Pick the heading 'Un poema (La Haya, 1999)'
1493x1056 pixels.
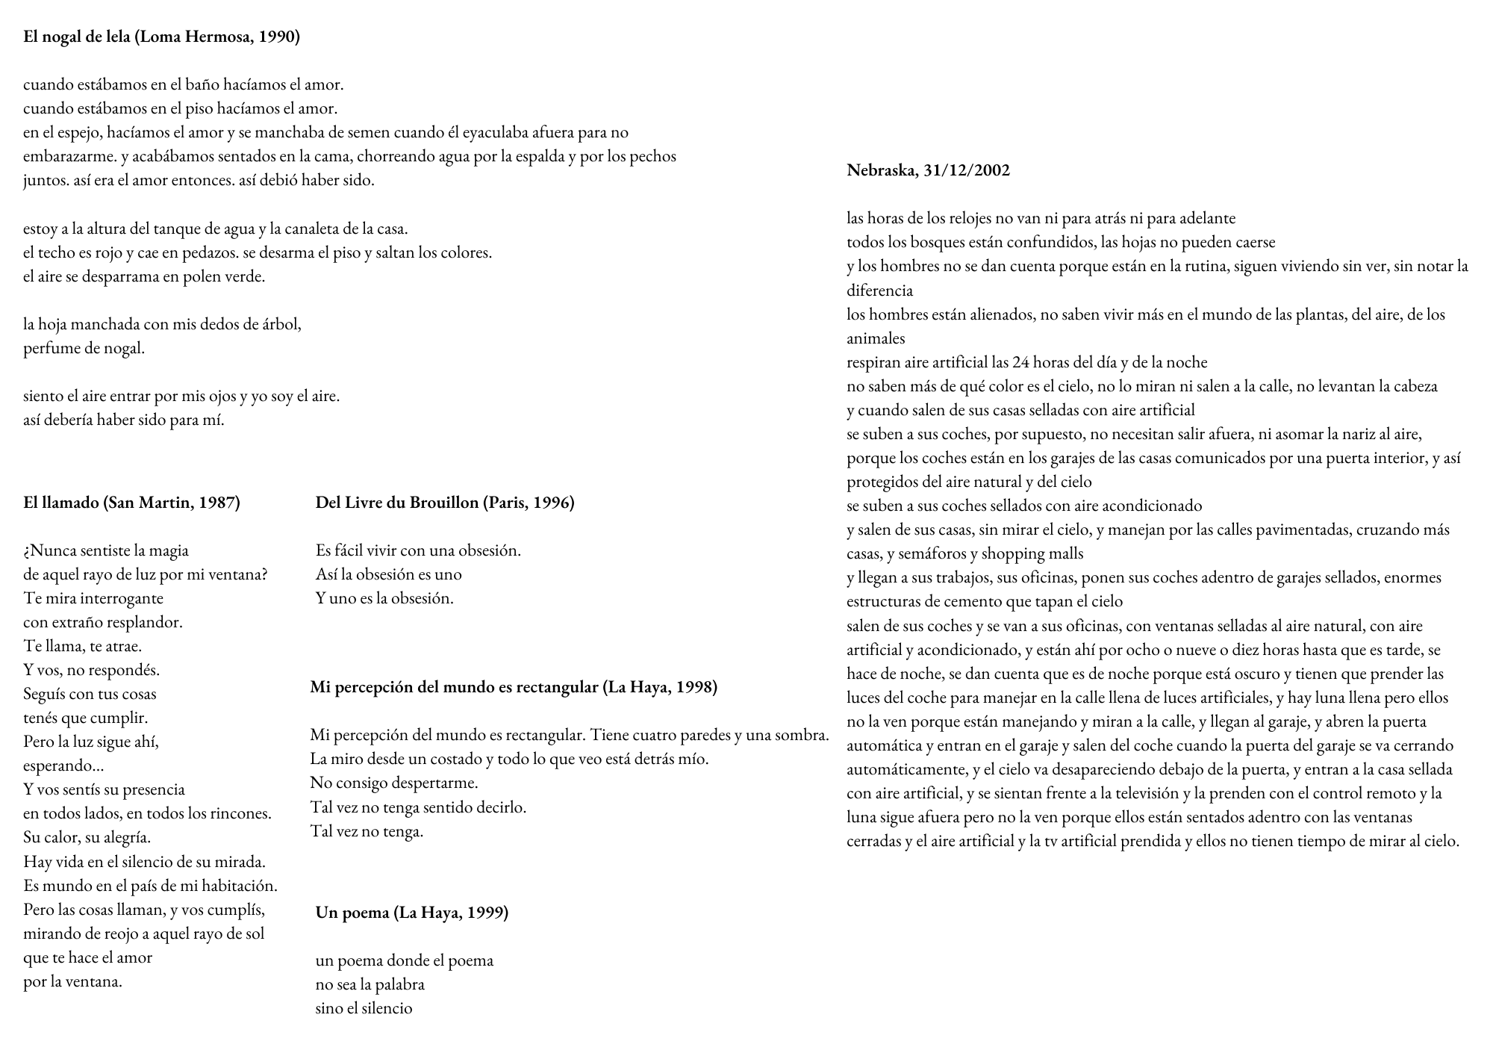pyautogui.click(x=411, y=913)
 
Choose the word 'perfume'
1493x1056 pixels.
pyautogui.click(x=51, y=348)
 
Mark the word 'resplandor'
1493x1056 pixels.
pyautogui.click(x=144, y=622)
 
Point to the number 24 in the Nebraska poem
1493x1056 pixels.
pyautogui.click(x=1020, y=362)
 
